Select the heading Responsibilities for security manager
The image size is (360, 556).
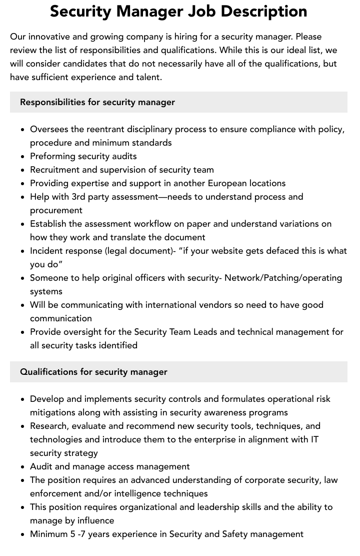pyautogui.click(x=97, y=102)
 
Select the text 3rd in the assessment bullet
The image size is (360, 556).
pyautogui.click(x=81, y=197)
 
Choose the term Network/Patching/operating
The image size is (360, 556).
pyautogui.click(x=283, y=278)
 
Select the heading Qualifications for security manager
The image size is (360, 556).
pyautogui.click(x=93, y=372)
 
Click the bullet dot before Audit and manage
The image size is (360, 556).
pyautogui.click(x=23, y=467)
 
